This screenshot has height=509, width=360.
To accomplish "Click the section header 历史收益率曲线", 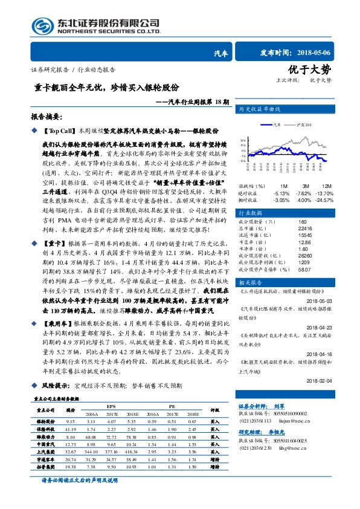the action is [260, 109].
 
